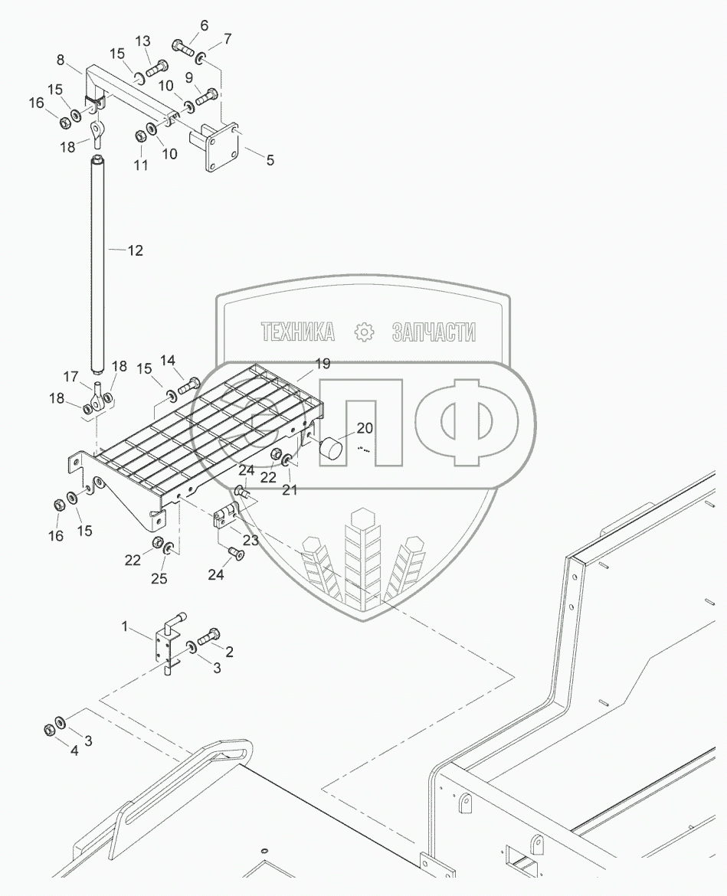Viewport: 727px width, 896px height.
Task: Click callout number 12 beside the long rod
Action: [x=134, y=250]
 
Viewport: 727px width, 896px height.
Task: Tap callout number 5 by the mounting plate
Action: [x=269, y=161]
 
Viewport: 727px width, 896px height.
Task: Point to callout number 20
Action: [x=364, y=429]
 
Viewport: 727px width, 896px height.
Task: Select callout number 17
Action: [x=70, y=376]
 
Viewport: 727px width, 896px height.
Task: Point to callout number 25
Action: [x=159, y=579]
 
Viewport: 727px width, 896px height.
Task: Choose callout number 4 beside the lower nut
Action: [x=74, y=751]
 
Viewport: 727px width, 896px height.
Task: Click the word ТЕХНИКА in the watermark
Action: [x=297, y=332]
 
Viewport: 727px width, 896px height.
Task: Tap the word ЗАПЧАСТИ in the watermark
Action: [x=434, y=332]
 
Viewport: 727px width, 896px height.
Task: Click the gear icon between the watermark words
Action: [x=364, y=332]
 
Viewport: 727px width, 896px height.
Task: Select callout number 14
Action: [x=167, y=360]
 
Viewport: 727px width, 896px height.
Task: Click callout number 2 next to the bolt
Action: [x=228, y=652]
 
